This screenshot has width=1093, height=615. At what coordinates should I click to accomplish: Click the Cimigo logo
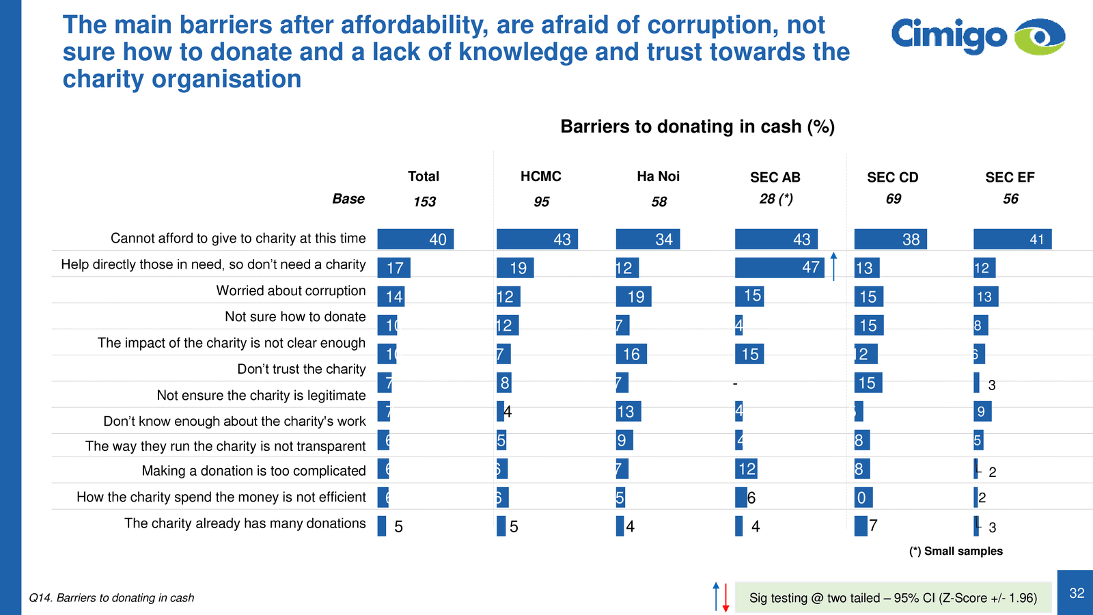coord(978,36)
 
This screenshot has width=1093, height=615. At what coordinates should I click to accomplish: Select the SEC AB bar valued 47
coord(779,267)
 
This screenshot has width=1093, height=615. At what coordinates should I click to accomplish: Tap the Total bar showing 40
coord(415,239)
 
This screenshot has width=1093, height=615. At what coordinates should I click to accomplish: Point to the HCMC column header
coord(540,176)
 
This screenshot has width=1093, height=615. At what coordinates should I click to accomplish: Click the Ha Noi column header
coord(658,176)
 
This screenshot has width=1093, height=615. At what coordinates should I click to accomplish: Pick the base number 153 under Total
coord(424,202)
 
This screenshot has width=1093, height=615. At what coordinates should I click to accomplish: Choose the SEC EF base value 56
coord(1010,199)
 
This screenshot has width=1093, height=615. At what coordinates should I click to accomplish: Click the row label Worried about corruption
coord(291,290)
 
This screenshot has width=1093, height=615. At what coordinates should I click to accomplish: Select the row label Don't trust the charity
coord(301,369)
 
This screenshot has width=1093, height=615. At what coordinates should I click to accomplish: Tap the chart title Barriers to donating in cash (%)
coord(697,126)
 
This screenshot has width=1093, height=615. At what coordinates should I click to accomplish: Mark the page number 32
coord(1077,593)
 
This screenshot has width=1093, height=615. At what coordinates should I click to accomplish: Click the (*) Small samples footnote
coord(956,551)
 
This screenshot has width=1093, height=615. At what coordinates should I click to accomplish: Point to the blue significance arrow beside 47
coord(833,266)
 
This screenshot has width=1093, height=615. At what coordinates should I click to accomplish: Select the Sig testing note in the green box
coord(893,598)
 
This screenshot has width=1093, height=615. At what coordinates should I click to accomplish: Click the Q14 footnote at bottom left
coord(111,598)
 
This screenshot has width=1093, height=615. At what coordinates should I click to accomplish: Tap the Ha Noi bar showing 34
coord(648,239)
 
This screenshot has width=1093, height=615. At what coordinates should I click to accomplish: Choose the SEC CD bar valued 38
coord(890,239)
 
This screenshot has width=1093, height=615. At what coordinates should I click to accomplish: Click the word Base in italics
coord(348,199)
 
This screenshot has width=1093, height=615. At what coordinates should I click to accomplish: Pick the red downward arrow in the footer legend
coord(725,598)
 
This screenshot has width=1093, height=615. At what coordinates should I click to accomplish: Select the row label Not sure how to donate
coord(295,316)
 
